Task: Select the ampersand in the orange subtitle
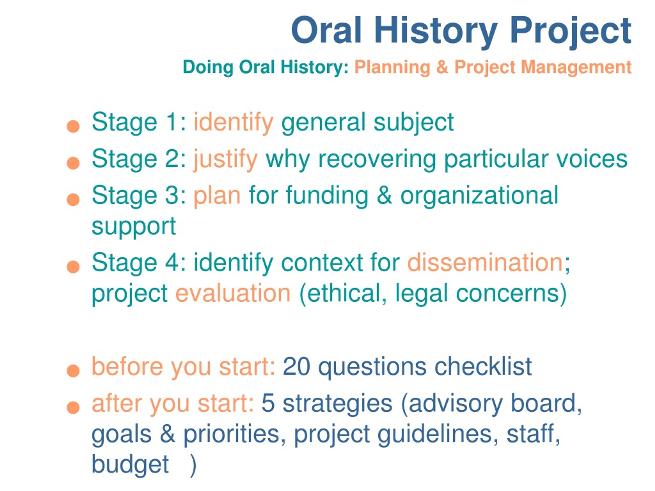click(442, 67)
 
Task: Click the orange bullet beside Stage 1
click(73, 126)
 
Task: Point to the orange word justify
click(226, 160)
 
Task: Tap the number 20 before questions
click(296, 367)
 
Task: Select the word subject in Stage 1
click(414, 123)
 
